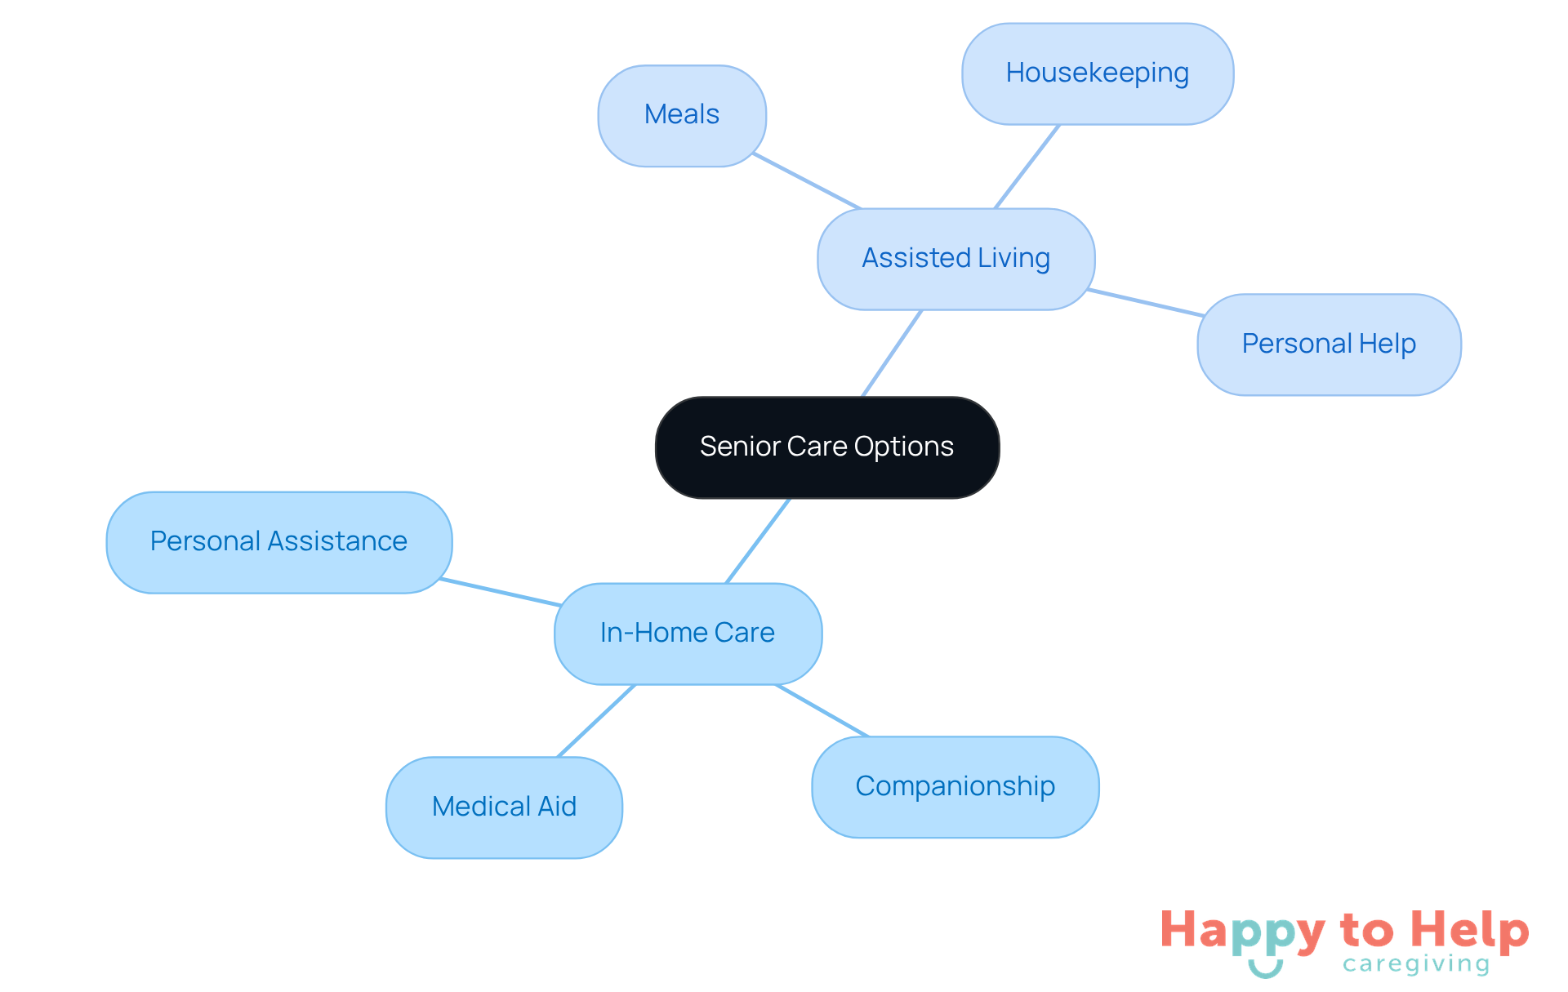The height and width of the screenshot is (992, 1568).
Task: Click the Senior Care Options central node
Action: click(826, 447)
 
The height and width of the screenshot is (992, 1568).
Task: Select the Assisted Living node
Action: click(955, 259)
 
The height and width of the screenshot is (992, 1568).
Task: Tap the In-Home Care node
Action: click(688, 634)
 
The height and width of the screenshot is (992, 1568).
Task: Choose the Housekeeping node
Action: click(1097, 73)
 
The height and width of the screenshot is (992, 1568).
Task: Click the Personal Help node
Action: click(1329, 345)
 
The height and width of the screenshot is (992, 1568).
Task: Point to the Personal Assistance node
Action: click(278, 542)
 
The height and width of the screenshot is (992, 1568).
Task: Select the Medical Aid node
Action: click(504, 807)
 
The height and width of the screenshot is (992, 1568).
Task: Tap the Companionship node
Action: click(955, 787)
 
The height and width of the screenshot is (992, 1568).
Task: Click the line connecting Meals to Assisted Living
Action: click(807, 181)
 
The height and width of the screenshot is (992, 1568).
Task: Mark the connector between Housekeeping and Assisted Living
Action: click(1027, 167)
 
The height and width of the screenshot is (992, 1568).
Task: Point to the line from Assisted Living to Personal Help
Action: click(1145, 302)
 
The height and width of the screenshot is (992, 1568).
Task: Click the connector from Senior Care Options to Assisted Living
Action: click(892, 354)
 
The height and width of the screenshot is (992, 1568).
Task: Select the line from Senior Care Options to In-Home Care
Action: click(758, 540)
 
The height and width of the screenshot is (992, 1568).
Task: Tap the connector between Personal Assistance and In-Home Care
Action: click(500, 592)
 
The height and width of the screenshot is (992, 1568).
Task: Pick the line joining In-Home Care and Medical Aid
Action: click(596, 721)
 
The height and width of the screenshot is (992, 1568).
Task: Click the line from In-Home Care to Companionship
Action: click(822, 710)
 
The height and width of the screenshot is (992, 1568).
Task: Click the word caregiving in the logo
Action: click(1416, 964)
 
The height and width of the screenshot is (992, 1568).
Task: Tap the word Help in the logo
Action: click(1470, 930)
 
